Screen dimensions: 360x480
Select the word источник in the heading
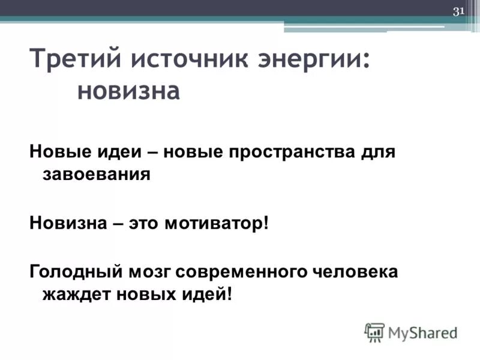pyautogui.click(x=191, y=61)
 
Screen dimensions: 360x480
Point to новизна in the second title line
pyautogui.click(x=129, y=92)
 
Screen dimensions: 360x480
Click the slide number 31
pyautogui.click(x=459, y=11)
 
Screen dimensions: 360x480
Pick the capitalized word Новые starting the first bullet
pyautogui.click(x=57, y=152)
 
